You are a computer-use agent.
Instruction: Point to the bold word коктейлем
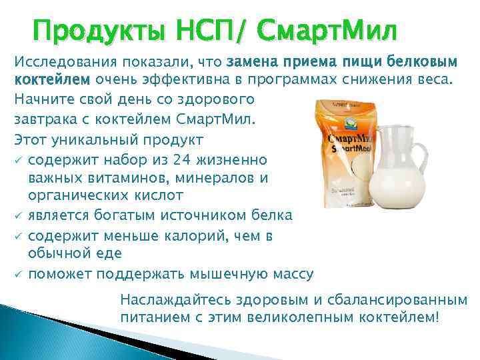click(x=51, y=81)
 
